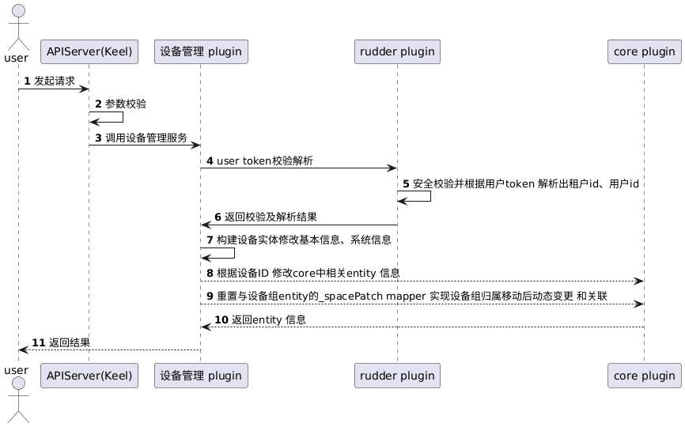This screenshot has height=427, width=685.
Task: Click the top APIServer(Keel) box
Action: pos(89,52)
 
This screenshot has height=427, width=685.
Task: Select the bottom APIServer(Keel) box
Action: pos(89,376)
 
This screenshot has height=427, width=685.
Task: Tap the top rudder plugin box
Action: pos(398,52)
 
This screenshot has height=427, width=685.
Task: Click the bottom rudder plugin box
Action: pos(398,376)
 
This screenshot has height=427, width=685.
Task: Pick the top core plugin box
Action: pos(644,52)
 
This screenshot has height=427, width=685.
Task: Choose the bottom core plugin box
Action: pos(644,376)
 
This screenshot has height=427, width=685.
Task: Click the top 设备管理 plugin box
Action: pos(200,52)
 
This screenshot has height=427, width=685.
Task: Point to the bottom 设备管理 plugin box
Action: pos(200,376)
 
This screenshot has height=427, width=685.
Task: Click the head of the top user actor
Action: pos(17,9)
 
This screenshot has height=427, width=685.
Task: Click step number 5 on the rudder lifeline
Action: pos(406,184)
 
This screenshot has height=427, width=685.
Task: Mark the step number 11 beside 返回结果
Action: pos(38,343)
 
